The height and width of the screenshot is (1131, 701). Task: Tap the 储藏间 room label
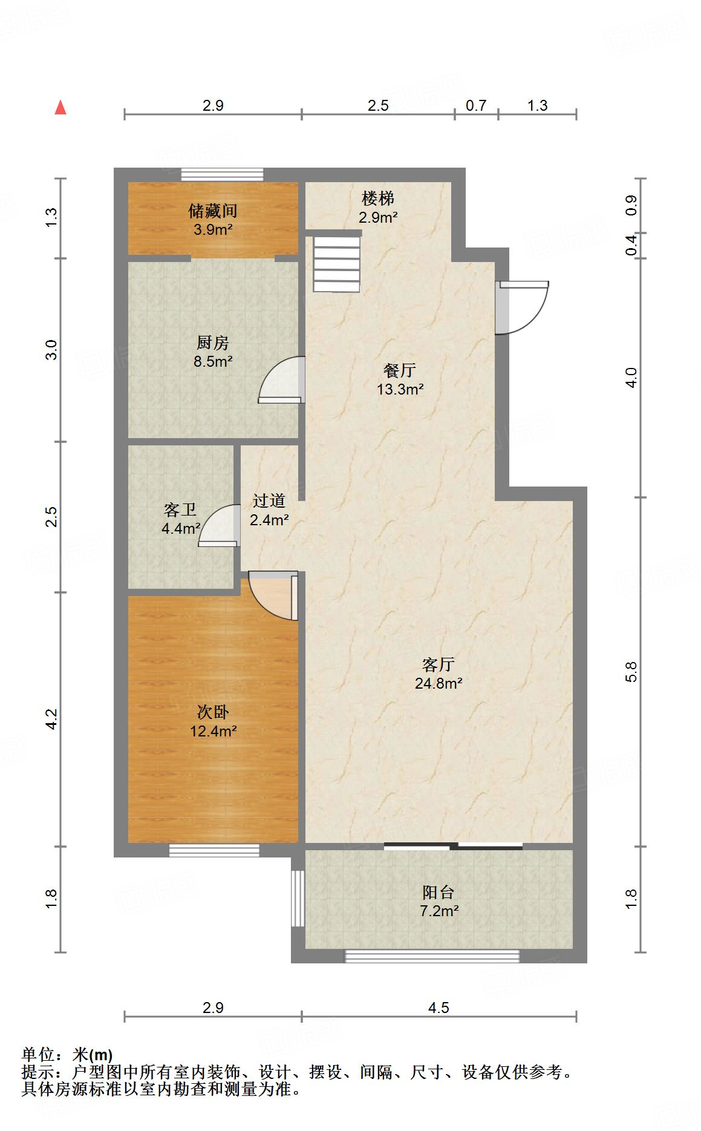point(213,219)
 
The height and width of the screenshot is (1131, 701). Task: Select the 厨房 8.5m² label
point(213,352)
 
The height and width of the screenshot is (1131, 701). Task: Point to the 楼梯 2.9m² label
point(378,208)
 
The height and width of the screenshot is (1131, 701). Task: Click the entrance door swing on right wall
point(524,307)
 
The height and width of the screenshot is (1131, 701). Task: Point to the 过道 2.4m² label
point(269,510)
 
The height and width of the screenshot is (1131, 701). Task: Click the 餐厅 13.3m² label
point(400,379)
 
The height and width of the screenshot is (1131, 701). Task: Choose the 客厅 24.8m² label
point(439,674)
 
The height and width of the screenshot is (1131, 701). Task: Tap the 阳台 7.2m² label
point(439,901)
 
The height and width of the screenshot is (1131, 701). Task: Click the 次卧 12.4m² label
point(213,721)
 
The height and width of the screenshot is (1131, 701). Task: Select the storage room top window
point(222,174)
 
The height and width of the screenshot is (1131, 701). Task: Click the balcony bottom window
point(432,956)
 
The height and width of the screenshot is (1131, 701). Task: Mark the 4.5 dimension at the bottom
point(439,1008)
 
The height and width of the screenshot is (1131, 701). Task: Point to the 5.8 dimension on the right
point(631,672)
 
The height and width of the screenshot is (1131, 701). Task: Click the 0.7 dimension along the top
point(476,105)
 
